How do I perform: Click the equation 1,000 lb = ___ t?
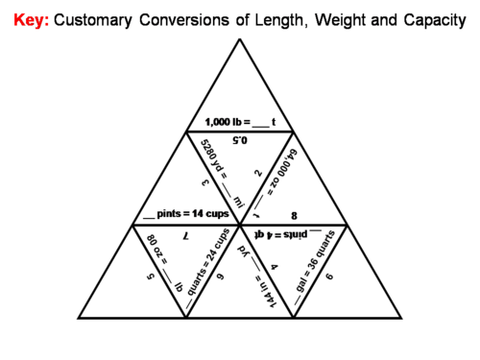(241, 122)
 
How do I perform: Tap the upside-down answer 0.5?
(240, 139)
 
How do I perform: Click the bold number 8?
(295, 216)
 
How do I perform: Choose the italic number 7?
(186, 233)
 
